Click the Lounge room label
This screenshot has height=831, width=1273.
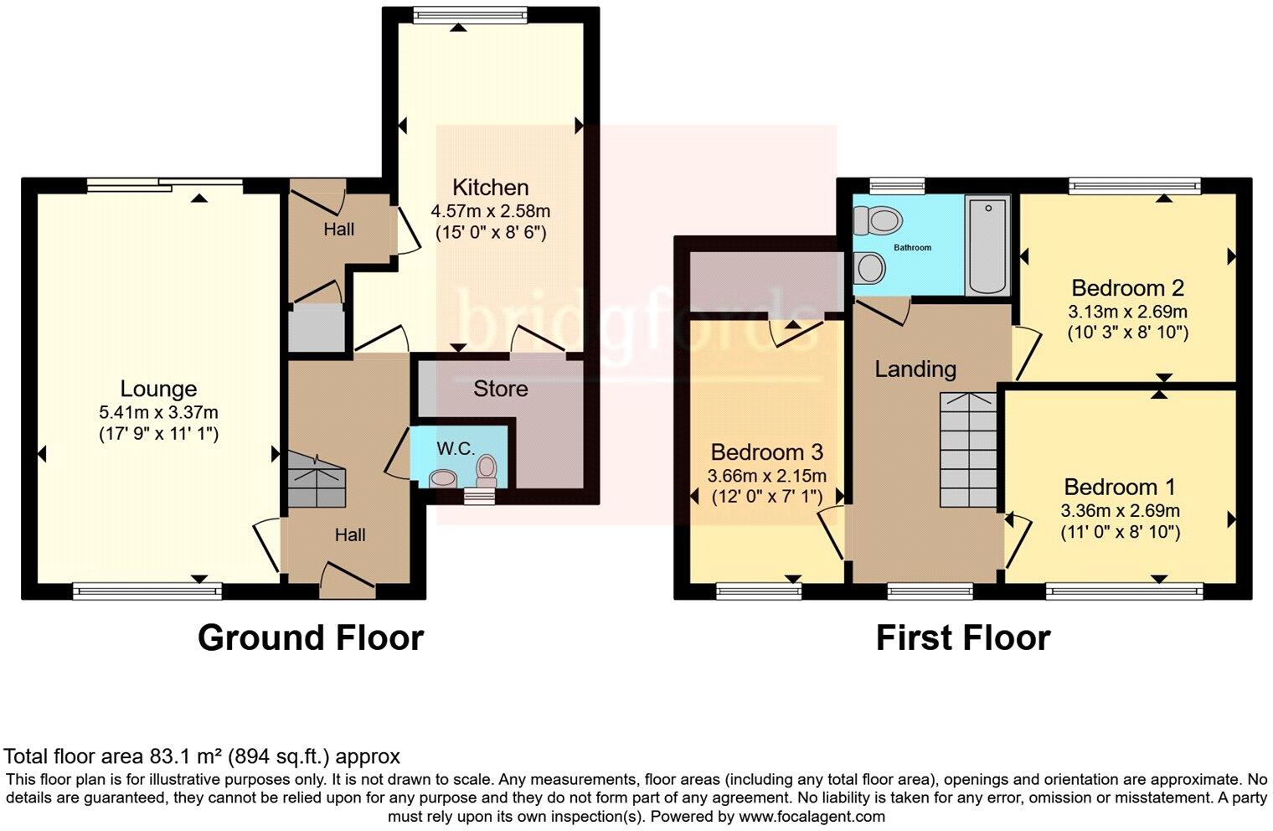[x=158, y=389]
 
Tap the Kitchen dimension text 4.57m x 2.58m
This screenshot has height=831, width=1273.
[x=490, y=211]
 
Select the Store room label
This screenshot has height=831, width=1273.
[x=500, y=389]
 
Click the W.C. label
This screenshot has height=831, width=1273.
[x=456, y=449]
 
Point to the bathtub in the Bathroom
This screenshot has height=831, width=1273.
[x=987, y=245]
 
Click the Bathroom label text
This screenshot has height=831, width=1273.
[x=912, y=248]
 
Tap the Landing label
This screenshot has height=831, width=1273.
[x=915, y=369]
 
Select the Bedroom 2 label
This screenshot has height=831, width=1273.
[x=1127, y=288]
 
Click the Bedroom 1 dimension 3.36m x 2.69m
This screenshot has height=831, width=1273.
[x=1120, y=511]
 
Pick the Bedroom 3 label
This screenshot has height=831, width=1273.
[x=766, y=453]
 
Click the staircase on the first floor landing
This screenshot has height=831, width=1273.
[x=968, y=450]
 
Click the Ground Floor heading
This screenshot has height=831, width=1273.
[x=311, y=638]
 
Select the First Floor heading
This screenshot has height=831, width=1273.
[x=962, y=638]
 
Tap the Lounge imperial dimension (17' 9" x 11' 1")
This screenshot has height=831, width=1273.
[x=158, y=433]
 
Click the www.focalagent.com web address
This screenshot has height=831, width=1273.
[x=810, y=816]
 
